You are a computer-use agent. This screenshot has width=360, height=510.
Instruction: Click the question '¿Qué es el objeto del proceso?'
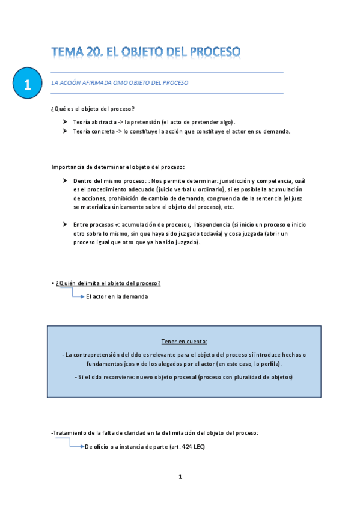(x=93, y=108)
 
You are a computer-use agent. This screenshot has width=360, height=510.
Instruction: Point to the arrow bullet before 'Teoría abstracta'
(x=65, y=121)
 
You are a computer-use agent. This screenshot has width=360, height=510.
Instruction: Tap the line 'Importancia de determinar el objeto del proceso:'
(x=118, y=167)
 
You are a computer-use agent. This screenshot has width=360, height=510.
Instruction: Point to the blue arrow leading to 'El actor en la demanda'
(x=78, y=296)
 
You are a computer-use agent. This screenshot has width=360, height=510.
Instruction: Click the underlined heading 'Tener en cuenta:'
(x=184, y=341)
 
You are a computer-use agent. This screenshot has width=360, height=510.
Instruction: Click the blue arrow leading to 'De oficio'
(x=76, y=446)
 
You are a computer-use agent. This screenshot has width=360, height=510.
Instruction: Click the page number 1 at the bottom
(x=180, y=477)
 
